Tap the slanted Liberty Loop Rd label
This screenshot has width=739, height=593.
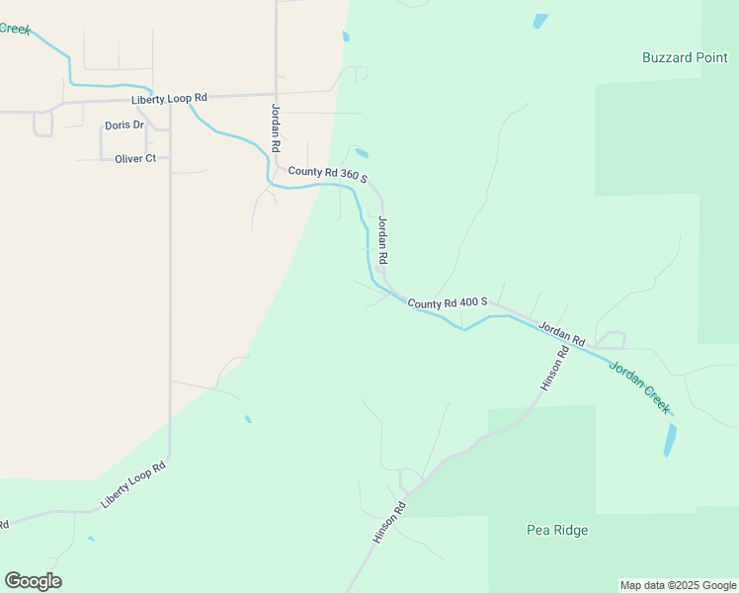point(133,485)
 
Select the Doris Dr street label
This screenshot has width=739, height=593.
point(124,126)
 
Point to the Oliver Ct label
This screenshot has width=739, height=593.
point(135,158)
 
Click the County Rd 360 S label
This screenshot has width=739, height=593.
point(328,175)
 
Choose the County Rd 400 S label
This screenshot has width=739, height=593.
point(448,302)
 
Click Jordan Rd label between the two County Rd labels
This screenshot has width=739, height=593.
point(383,239)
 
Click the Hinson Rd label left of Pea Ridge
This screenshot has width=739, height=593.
point(389,523)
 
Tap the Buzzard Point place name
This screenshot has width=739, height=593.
point(685,57)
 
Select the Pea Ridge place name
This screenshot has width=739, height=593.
point(556,530)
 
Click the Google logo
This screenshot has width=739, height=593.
point(33,580)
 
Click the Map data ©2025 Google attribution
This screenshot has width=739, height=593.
point(678,585)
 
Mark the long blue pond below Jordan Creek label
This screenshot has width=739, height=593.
point(670,440)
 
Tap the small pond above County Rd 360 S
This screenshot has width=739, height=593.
point(362,153)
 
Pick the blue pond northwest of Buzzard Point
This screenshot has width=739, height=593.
point(540,20)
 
